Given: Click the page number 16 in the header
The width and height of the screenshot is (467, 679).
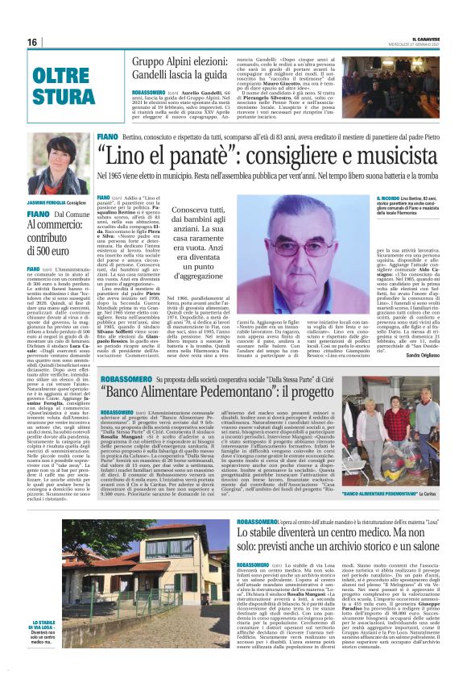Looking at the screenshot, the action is [32, 42].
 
